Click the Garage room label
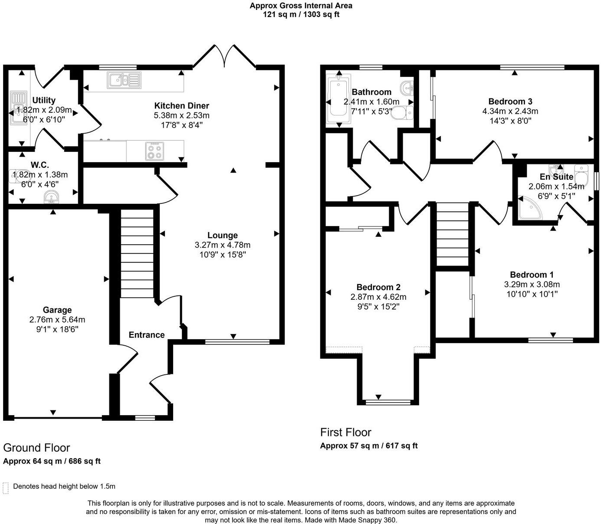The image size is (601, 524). click(57, 310)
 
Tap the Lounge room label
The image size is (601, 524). click(222, 235)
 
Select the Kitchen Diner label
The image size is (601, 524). click(181, 105)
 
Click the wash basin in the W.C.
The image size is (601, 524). click(51, 198)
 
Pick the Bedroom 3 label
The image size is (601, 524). click(510, 101)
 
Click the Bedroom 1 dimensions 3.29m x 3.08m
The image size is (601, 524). click(532, 285)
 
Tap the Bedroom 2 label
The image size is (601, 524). click(378, 287)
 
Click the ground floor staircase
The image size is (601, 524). click(137, 253)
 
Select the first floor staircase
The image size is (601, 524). click(453, 234)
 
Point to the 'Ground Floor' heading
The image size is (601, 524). click(36, 448)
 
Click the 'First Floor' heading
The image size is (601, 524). click(345, 432)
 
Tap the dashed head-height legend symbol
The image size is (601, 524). click(6, 488)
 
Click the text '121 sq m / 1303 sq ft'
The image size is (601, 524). click(301, 14)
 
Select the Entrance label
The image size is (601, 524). click(147, 334)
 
